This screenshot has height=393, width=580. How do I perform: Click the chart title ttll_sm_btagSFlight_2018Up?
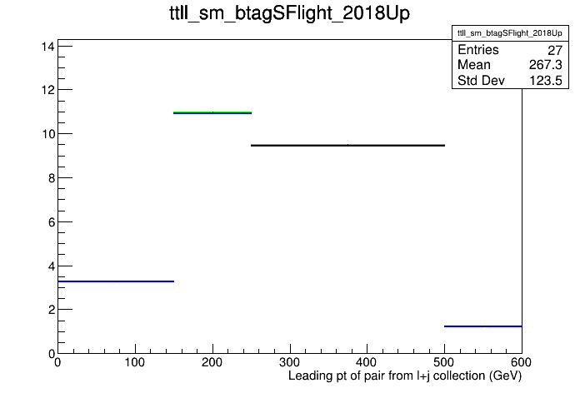coord(290,13)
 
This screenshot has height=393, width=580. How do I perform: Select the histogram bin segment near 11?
coord(212,112)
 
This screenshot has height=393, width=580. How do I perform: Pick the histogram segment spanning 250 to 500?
coord(347,146)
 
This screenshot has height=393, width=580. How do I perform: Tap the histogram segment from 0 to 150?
coord(116,281)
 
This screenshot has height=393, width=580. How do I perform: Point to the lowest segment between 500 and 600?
coord(483,326)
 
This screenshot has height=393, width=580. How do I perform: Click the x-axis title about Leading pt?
coord(405,376)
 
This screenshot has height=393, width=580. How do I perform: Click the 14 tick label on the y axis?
coord(47,47)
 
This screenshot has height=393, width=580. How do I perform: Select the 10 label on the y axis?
coord(47,134)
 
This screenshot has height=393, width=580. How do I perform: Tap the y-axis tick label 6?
coord(52,222)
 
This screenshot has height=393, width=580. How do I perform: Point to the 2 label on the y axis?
coord(52,310)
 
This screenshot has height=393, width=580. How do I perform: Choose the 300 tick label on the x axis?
coord(290,362)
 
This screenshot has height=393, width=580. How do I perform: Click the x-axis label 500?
coord(444,362)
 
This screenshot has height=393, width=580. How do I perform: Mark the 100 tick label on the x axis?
coord(135,362)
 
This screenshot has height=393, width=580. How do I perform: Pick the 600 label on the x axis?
coord(522,362)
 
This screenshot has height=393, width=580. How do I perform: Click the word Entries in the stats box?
coord(478,50)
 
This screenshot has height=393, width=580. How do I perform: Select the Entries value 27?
coord(555,50)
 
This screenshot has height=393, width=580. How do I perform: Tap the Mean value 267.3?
coord(546,65)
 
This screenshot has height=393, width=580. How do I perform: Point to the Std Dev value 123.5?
coord(546,81)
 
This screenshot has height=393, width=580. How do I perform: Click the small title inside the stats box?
coord(510,33)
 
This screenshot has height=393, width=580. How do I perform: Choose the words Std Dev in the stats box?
coord(481,81)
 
